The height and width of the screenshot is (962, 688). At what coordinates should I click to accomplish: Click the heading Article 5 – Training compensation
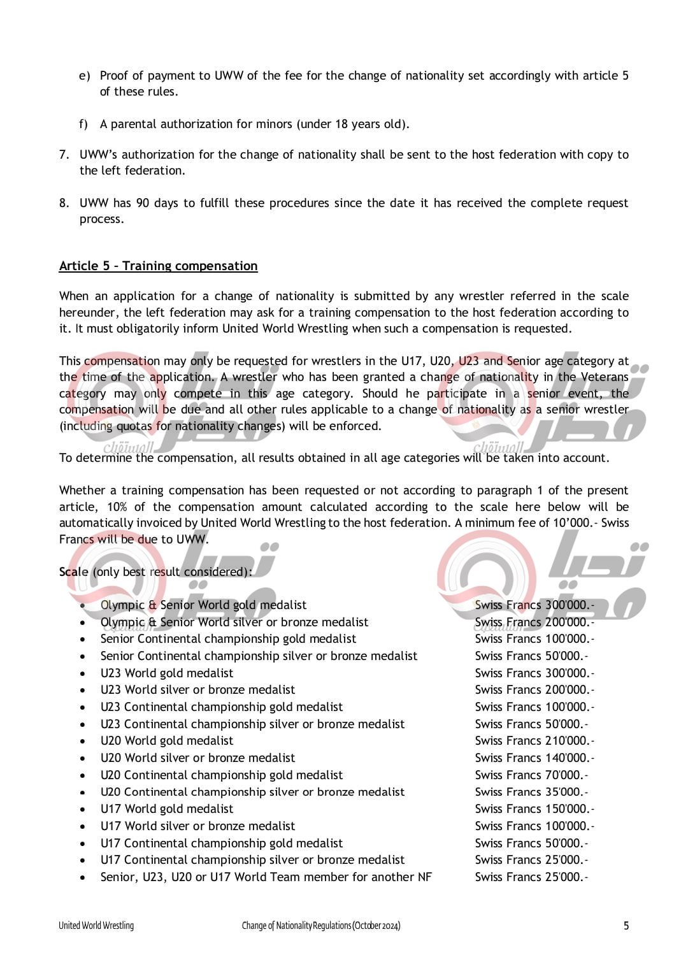pyautogui.click(x=158, y=266)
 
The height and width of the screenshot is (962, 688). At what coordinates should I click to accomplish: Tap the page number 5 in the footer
pyautogui.click(x=626, y=926)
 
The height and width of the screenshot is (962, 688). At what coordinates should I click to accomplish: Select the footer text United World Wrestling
pyautogui.click(x=96, y=926)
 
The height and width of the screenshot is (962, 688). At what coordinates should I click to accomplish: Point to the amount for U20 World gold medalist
pyautogui.click(x=534, y=741)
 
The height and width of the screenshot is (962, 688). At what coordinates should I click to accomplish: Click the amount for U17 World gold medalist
pyautogui.click(x=534, y=809)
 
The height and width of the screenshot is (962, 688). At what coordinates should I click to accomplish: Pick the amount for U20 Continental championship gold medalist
pyautogui.click(x=531, y=775)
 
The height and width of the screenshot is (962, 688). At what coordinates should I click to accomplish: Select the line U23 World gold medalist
pyautogui.click(x=166, y=673)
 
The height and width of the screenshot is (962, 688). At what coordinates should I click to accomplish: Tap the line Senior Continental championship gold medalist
pyautogui.click(x=228, y=639)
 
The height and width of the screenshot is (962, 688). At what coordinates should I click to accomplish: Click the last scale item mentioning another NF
pyautogui.click(x=266, y=877)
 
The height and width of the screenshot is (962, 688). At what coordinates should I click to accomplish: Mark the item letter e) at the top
pyautogui.click(x=85, y=76)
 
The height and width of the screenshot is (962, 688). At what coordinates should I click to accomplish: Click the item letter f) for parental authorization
pyautogui.click(x=83, y=124)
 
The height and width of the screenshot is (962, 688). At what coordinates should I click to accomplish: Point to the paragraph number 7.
pyautogui.click(x=64, y=155)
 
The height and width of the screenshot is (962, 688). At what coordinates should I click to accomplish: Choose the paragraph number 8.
pyautogui.click(x=64, y=203)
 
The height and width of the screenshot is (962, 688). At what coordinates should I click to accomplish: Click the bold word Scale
pyautogui.click(x=73, y=572)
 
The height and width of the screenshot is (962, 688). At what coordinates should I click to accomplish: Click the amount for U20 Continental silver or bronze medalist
pyautogui.click(x=531, y=792)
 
